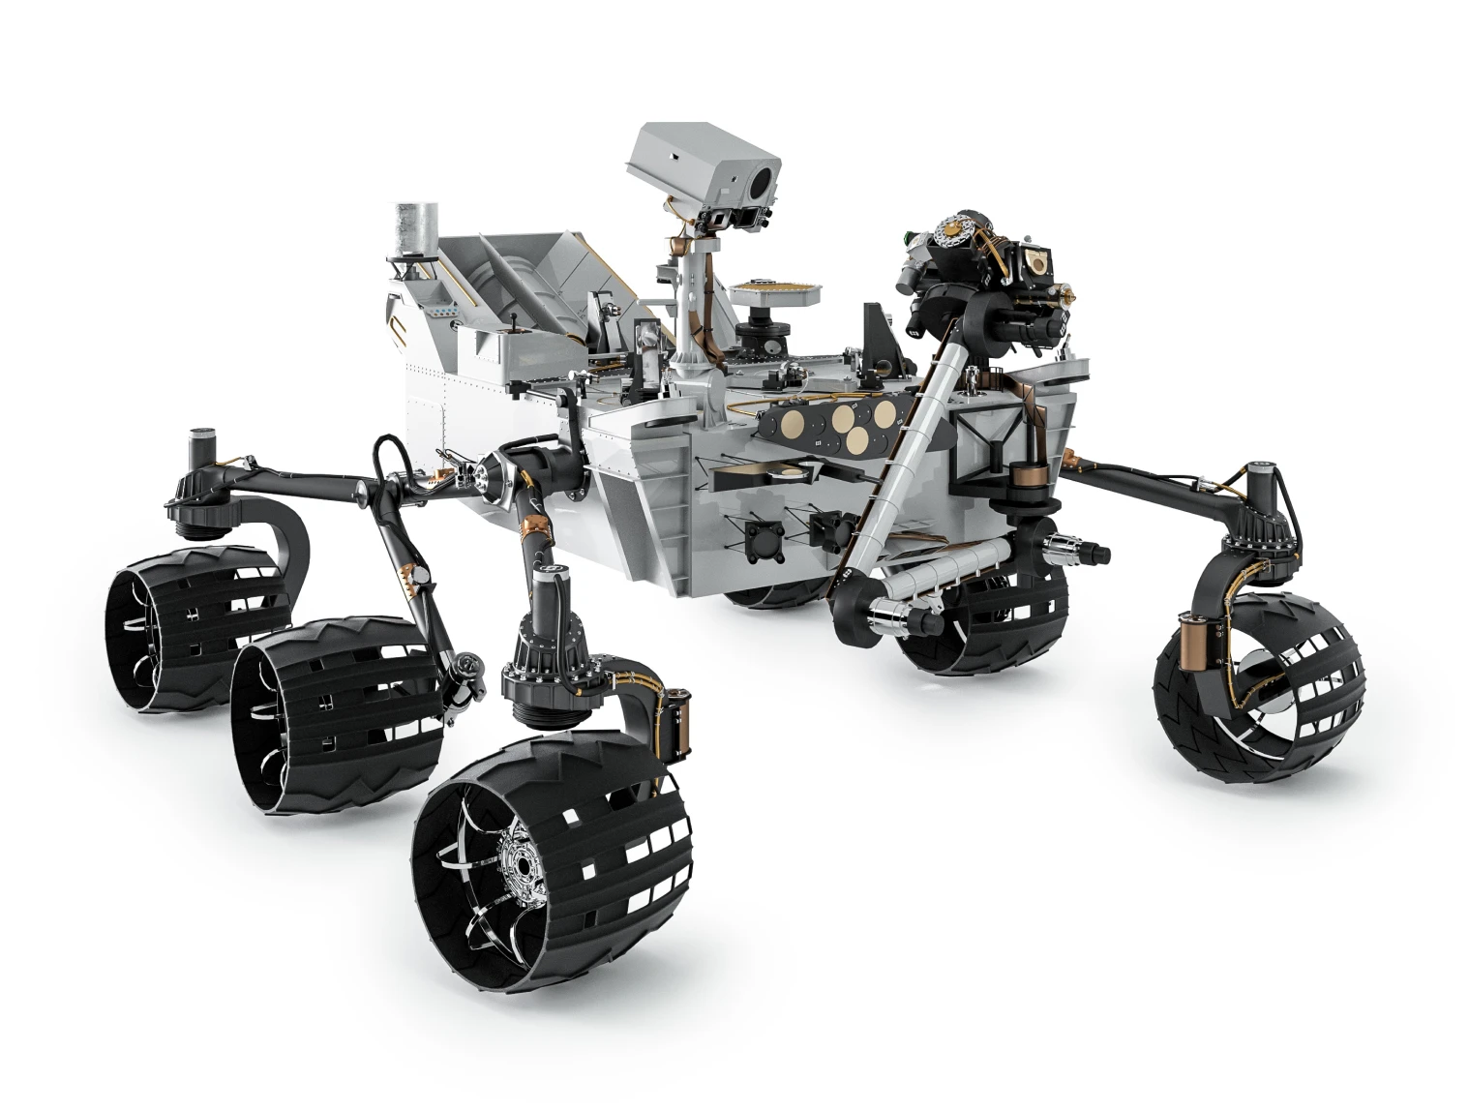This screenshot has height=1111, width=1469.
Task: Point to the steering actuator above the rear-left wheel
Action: [x=200, y=484]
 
